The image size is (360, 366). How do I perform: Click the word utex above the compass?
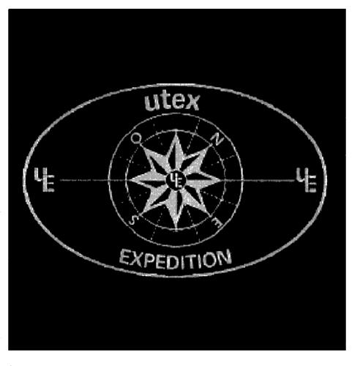tap(172, 101)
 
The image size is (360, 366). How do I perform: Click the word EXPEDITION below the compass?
tap(176, 260)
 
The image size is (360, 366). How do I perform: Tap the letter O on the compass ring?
tap(135, 138)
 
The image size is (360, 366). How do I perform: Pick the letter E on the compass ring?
tap(217, 223)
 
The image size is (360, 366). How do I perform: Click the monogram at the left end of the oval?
tap(44, 179)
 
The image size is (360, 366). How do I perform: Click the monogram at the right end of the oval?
tap(306, 180)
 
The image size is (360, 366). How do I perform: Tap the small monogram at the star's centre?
tap(176, 180)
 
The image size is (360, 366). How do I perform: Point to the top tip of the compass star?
tap(176, 132)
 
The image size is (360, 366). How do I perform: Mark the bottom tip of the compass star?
tap(176, 231)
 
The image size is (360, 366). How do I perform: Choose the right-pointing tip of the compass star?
tap(222, 181)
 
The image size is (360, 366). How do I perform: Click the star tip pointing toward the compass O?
tap(141, 146)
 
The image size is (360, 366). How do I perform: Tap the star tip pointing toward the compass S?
tap(141, 214)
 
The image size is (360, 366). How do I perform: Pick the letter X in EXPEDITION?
tap(137, 259)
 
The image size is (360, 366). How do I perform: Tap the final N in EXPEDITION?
tap(225, 258)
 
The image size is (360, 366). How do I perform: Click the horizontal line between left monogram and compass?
tap(84, 180)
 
